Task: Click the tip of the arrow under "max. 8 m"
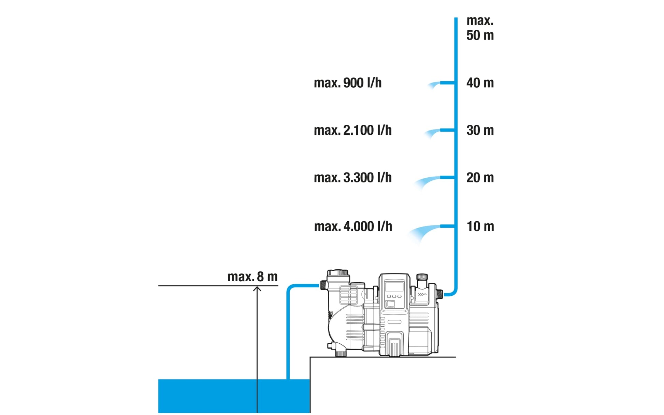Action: (257, 286)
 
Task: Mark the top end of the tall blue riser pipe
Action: (456, 18)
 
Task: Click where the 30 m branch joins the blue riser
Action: (456, 130)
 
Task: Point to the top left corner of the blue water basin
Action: (158, 379)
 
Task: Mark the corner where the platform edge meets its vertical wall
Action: (310, 357)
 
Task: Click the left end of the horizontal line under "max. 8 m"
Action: (158, 285)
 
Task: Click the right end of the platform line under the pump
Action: (456, 357)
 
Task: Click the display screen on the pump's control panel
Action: (394, 286)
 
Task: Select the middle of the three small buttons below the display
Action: (394, 296)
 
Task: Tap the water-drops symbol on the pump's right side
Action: (422, 294)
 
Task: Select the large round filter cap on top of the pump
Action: (338, 273)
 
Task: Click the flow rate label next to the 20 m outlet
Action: (353, 178)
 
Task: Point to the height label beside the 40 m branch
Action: (480, 83)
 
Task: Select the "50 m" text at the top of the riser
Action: (480, 35)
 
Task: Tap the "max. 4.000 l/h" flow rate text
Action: (353, 226)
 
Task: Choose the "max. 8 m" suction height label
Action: (252, 277)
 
